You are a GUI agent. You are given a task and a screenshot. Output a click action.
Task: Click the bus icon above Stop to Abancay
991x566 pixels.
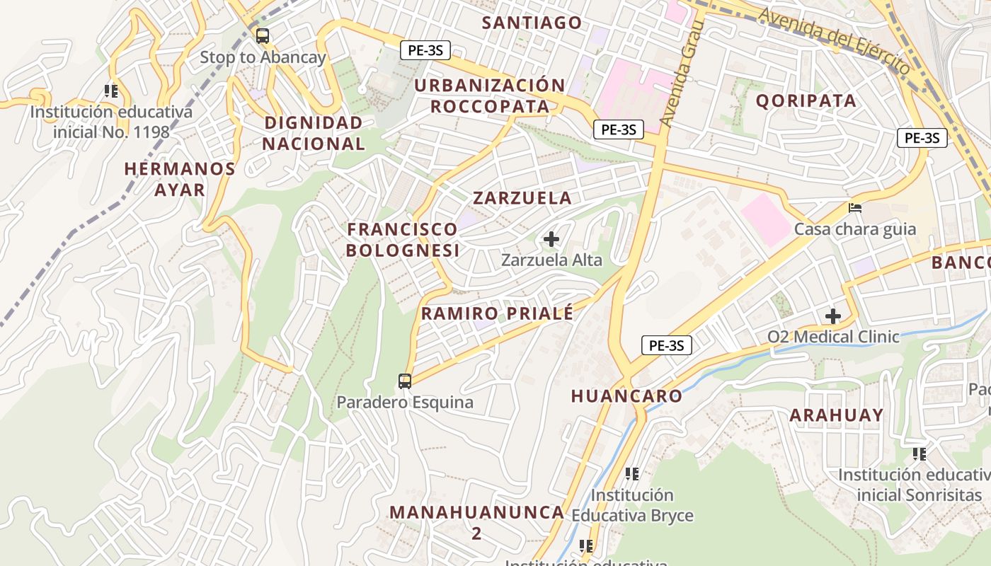click(263, 36)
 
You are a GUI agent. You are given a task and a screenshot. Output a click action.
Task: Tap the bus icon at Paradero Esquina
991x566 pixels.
click(405, 381)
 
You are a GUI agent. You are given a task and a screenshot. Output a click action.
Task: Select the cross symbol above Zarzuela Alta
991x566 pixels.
click(551, 239)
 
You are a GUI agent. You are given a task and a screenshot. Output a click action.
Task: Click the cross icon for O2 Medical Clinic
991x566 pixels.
click(833, 316)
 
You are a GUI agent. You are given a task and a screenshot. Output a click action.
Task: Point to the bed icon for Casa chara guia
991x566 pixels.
click(855, 208)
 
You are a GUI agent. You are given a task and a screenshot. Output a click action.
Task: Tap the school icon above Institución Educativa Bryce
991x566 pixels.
click(632, 473)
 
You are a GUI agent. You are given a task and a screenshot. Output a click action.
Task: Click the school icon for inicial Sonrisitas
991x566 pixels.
click(920, 454)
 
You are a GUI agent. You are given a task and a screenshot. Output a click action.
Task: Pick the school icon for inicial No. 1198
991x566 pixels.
click(111, 91)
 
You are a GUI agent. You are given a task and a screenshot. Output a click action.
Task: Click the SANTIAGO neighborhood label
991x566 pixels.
click(532, 23)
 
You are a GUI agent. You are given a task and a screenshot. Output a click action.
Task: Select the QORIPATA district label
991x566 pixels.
click(806, 100)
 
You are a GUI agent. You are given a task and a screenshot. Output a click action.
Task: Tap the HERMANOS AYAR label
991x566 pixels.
click(180, 179)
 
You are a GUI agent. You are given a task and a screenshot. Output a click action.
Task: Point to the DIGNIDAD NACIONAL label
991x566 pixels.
click(314, 133)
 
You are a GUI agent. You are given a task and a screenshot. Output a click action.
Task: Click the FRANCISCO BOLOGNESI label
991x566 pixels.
click(403, 239)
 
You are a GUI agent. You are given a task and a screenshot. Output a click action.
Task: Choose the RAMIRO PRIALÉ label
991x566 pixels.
click(497, 313)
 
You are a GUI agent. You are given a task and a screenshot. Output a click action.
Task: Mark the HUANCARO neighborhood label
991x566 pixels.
click(626, 396)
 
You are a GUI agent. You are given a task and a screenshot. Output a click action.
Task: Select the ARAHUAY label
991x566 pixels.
click(837, 415)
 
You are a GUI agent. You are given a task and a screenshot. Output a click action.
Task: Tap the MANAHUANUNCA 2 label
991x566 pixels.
click(477, 521)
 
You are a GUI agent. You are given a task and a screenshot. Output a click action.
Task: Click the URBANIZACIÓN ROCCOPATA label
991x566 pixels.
click(490, 96)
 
